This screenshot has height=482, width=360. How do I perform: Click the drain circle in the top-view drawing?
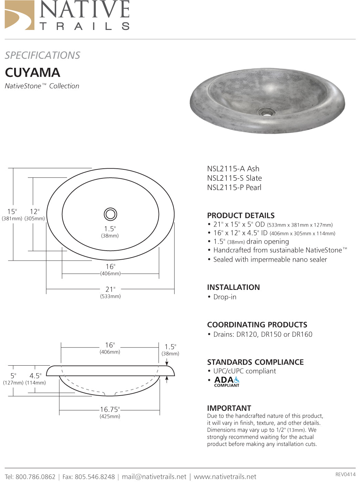coord(110,214)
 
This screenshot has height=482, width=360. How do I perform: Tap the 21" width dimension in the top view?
coord(110,290)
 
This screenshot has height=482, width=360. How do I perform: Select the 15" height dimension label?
coord(12,212)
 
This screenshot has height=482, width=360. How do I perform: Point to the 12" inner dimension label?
coord(34,212)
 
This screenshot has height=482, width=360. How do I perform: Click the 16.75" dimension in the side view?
coord(110,409)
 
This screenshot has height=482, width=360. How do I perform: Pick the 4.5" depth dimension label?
coord(35,376)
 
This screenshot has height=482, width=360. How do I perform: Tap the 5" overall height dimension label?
coord(13,376)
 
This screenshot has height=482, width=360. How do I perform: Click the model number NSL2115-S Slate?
coord(234,178)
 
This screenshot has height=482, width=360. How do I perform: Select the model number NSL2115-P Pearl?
coord(234,187)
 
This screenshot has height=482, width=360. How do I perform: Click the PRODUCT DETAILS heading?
coord(241,216)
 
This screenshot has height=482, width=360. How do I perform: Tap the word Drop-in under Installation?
coord(225,297)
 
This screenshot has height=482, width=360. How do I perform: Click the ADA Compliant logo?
coord(226,381)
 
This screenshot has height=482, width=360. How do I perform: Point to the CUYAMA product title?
coord(32,73)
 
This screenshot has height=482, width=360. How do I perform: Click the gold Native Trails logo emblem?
coord(20,15)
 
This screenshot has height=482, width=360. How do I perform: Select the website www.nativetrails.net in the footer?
coord(225,476)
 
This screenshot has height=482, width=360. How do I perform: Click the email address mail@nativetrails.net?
coord(154,476)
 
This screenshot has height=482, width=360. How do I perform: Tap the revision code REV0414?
coord(345,474)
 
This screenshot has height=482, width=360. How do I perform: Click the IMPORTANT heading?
coord(229,408)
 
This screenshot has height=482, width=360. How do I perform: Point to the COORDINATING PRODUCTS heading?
coord(257,325)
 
